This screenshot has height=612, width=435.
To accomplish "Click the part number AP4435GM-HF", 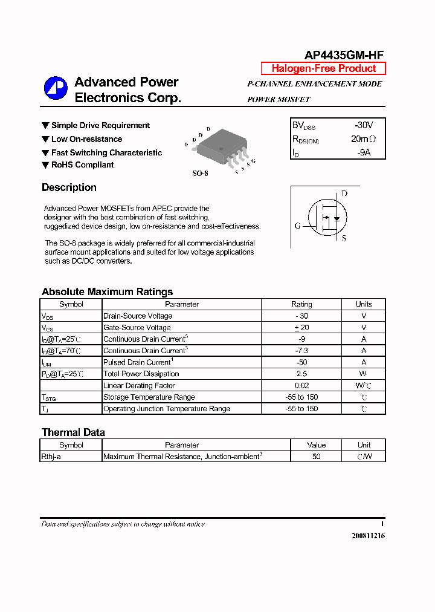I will click(x=343, y=54).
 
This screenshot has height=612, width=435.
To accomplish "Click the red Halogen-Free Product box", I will click(x=323, y=68).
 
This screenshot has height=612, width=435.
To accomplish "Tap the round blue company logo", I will click(x=56, y=88).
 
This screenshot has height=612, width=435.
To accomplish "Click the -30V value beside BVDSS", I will click(x=364, y=125).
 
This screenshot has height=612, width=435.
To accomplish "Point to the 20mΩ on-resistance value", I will click(x=363, y=138).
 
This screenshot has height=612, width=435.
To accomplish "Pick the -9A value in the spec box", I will click(x=363, y=152).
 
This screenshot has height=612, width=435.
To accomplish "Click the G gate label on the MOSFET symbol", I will click(x=297, y=226).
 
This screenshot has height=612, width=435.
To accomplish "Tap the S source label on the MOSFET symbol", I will click(x=344, y=239).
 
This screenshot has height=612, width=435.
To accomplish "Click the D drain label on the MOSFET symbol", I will click(x=344, y=194).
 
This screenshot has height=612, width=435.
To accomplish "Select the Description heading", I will click(x=69, y=187).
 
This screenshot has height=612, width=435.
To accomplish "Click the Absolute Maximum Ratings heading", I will click(x=107, y=291).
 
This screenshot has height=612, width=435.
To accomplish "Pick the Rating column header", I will click(x=301, y=304).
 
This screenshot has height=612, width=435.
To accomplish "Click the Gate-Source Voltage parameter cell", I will click(x=137, y=327).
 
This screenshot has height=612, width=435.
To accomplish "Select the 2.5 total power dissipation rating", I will click(x=301, y=374).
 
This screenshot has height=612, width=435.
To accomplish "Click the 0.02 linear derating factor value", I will click(x=301, y=385).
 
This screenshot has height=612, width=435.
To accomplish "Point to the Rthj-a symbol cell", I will click(x=51, y=457).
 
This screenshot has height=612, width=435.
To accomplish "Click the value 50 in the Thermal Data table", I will click(x=316, y=457).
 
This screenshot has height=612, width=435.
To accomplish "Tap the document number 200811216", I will click(x=368, y=536).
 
